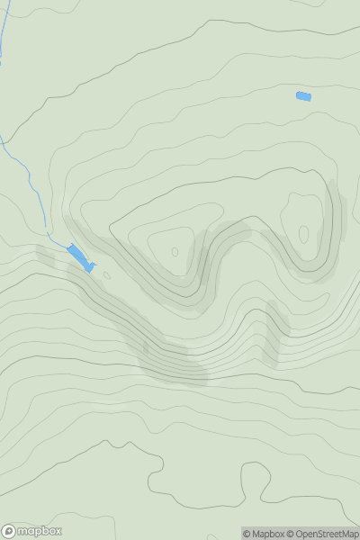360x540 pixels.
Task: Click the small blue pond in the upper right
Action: coord(303,96)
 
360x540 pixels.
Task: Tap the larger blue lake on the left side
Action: coord(79,256)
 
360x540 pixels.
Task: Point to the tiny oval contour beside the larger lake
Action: coord(107,275)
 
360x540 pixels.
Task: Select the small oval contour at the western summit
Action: coord(175,252)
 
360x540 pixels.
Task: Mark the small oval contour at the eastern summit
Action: coord(303,234)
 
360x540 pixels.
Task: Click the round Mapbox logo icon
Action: coord(9,531)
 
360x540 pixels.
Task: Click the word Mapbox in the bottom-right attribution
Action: coord(266,534)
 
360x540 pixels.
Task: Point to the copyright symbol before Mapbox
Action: coord(246,534)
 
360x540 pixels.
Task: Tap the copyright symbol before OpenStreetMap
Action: coord(291,534)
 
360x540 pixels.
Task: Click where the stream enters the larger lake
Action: coord(68,245)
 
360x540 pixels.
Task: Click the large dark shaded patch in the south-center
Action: coord(171,360)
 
